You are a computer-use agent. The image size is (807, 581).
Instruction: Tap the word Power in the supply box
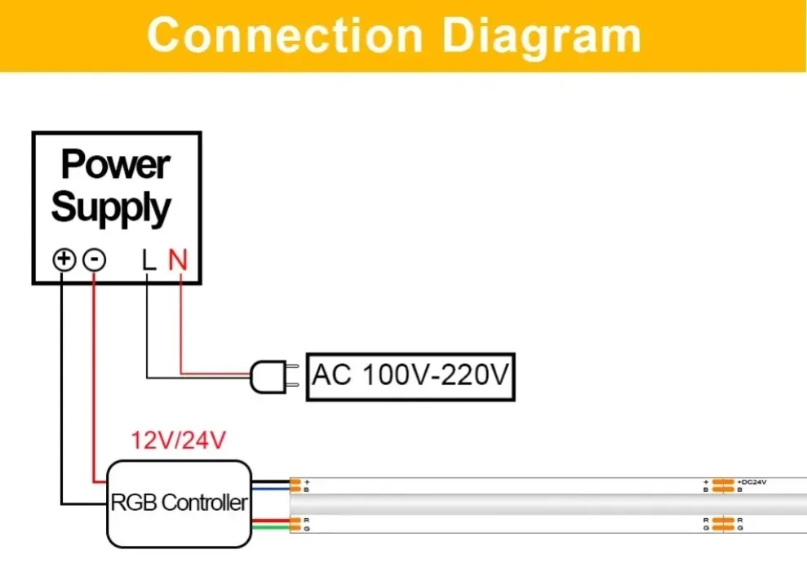coord(115,165)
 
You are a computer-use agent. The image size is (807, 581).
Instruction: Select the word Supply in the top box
coord(112,207)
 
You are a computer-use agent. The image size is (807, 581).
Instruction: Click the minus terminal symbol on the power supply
coord(95,260)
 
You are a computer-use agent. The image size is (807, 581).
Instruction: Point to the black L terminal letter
coord(148,260)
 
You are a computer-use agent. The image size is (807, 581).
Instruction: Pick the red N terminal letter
coord(178,260)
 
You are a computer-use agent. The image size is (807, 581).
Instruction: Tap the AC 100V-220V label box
coord(410,377)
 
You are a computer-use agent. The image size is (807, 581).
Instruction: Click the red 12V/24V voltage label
coord(178,441)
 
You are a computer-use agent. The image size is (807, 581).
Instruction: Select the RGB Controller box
coord(179,503)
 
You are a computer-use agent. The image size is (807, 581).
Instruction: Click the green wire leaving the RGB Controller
coord(270,528)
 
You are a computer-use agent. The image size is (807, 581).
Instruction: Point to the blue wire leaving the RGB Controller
coord(270,489)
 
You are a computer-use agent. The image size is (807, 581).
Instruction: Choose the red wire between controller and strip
coord(270,520)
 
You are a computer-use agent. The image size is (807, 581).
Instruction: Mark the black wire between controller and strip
coord(270,481)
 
